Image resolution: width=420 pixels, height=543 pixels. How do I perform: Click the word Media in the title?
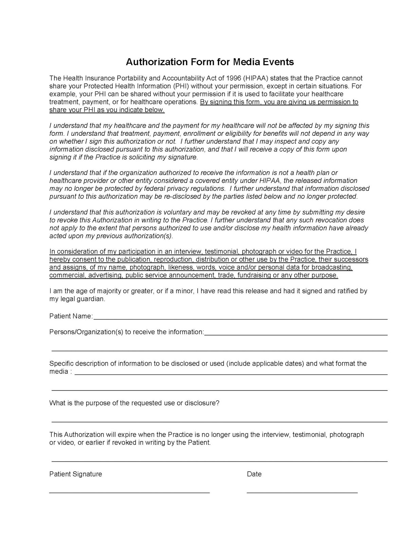(245, 62)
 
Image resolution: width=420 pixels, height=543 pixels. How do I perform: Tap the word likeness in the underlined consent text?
(180, 267)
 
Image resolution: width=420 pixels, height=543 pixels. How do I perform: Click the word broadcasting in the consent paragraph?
(332, 267)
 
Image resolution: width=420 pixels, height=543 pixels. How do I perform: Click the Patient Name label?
(71, 316)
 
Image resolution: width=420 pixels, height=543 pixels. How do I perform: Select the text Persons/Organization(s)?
(86, 332)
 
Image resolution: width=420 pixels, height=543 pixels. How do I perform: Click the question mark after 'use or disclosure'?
(218, 403)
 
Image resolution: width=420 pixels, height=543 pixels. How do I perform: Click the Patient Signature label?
(75, 474)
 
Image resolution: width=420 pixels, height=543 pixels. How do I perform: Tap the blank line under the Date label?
(302, 492)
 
